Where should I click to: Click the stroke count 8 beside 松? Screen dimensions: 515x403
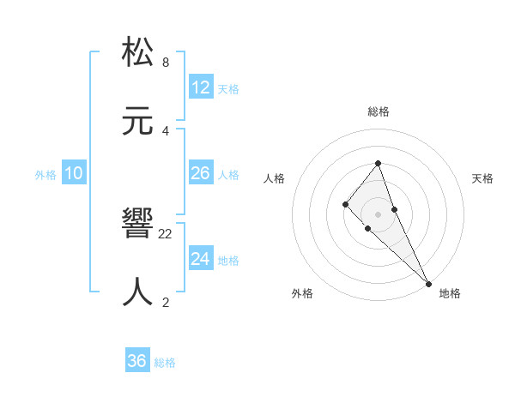tap(165, 63)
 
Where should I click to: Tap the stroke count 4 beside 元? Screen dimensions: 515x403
tap(165, 130)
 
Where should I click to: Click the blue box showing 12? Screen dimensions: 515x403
tap(201, 87)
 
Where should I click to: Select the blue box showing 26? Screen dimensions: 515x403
tap(201, 173)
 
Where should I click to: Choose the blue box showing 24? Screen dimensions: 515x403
tap(201, 259)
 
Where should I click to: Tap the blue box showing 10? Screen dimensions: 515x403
tap(74, 173)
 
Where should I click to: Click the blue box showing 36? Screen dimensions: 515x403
tap(137, 361)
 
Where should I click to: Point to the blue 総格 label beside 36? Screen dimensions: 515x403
tap(165, 363)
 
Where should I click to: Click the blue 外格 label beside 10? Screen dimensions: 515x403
tap(45, 175)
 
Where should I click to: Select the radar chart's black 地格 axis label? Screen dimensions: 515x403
tap(450, 293)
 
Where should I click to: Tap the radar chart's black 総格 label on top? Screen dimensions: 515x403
tap(378, 111)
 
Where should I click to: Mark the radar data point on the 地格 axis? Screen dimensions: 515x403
tap(427, 283)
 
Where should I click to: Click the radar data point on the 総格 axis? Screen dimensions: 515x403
tap(378, 163)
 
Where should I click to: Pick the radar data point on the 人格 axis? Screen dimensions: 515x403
tap(345, 203)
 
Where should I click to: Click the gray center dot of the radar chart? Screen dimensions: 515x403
tap(378, 214)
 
